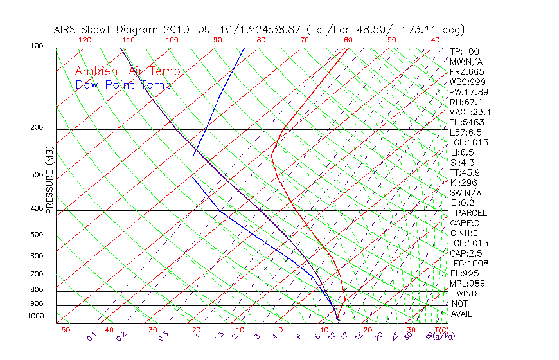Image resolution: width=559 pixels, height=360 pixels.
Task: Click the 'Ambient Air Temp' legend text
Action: [127, 71]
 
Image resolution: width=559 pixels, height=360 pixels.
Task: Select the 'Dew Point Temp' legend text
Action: [123, 85]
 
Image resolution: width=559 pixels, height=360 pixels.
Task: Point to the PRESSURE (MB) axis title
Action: [49, 180]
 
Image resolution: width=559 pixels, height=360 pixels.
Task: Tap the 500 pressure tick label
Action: [37, 235]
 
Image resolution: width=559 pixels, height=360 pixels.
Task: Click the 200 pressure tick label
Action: [37, 127]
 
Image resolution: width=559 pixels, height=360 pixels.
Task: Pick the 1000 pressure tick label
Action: [35, 316]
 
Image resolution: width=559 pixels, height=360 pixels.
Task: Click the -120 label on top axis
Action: [82, 39]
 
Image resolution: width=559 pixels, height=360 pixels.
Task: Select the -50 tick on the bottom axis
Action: [62, 330]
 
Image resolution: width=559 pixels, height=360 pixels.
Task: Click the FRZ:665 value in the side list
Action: [467, 71]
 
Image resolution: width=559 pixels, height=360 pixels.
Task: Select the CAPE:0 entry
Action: [465, 222]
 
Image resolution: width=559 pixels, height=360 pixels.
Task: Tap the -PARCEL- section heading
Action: [471, 212]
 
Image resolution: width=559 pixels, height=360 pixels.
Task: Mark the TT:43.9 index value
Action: [465, 172]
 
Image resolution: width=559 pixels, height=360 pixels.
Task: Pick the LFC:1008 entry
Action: [467, 263]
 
